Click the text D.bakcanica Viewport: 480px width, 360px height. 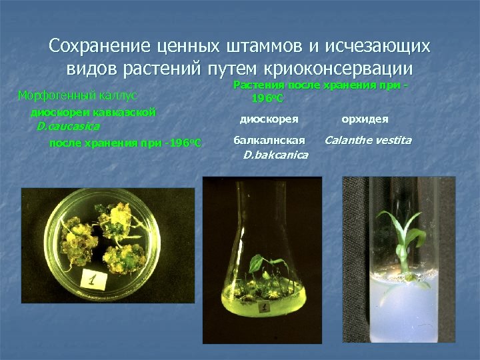click(x=275, y=155)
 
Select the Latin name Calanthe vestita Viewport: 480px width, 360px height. click(x=368, y=140)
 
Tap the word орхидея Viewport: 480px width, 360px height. click(x=365, y=119)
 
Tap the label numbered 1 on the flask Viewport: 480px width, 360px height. click(x=265, y=308)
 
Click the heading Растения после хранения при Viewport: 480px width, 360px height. click(x=320, y=85)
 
